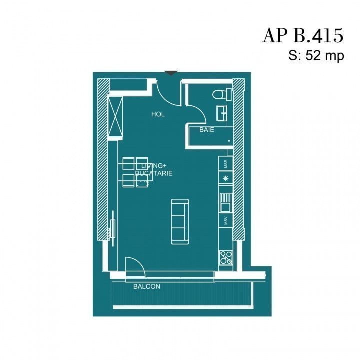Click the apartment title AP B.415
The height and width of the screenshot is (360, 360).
pos(303,36)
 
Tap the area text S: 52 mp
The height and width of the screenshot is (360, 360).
pos(316,56)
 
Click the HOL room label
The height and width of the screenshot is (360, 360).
pos(158,114)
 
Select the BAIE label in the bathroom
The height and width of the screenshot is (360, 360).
pos(207,130)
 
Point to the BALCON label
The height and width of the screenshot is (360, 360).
pos(147,287)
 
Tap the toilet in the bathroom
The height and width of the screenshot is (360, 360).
pos(222,94)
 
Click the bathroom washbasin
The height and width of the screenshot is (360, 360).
pos(222,113)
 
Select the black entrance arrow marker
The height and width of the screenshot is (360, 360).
pos(171,73)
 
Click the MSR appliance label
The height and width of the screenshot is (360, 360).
pos(226,164)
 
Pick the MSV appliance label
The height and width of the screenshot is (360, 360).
pos(226,221)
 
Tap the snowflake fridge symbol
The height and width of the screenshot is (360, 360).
pos(226,178)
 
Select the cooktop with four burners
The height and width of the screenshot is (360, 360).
pos(226,258)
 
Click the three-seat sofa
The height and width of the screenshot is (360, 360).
pos(180,222)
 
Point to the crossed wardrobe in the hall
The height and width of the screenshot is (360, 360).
pos(115,117)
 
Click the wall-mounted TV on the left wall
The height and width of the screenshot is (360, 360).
pos(113,228)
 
